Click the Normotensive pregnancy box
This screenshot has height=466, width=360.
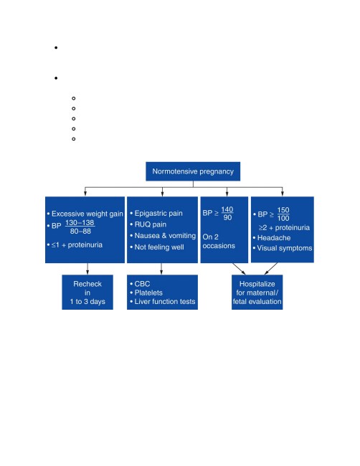tap(193, 171)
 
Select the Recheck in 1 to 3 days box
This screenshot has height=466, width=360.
tap(87, 292)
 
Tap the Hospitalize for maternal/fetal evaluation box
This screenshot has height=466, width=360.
tap(257, 292)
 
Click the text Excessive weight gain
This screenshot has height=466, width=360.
tap(87, 214)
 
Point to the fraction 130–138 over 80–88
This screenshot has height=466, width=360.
tap(80, 227)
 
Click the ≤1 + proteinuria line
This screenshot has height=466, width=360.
tap(77, 245)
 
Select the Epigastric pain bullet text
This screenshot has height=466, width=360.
tap(158, 214)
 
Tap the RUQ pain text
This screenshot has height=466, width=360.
tap(150, 224)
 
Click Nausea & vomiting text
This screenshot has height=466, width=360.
tap(165, 236)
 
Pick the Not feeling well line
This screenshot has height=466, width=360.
tap(159, 247)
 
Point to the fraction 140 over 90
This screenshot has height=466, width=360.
tap(227, 214)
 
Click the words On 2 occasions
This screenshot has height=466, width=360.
tap(219, 242)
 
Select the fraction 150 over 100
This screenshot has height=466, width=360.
tap(283, 214)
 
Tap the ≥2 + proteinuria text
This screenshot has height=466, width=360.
tap(284, 228)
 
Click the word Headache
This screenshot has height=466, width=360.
tap(274, 238)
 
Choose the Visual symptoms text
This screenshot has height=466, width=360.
tap(285, 248)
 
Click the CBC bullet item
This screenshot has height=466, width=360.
tap(142, 284)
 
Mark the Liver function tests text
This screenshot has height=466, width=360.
tap(165, 301)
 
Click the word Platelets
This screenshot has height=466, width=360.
tap(148, 293)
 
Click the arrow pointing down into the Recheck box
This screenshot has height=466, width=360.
tap(87, 269)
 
